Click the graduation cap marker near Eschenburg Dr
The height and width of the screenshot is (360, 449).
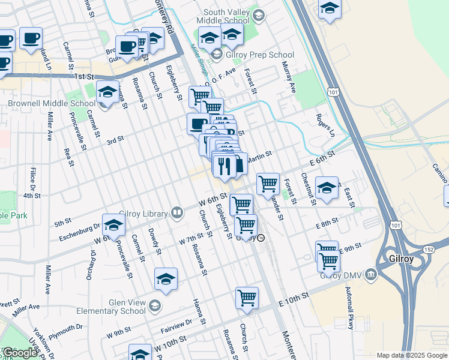tap(113, 224)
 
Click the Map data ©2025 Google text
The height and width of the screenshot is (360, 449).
tap(412, 355)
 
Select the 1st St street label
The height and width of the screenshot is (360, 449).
tap(85, 77)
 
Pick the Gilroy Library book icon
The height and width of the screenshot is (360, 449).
tap(177, 212)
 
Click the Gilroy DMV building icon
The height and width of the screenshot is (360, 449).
tap(371, 275)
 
